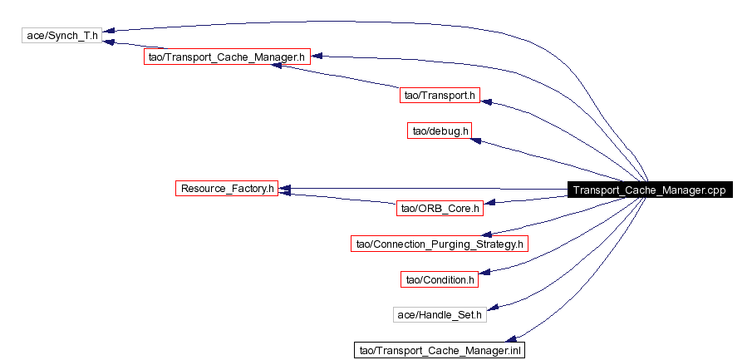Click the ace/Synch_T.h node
click(x=61, y=35)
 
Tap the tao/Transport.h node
click(x=440, y=95)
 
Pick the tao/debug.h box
click(x=440, y=131)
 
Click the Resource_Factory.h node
click(x=227, y=188)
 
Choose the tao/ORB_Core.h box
click(x=440, y=209)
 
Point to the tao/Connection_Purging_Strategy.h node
click(x=440, y=244)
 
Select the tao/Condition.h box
click(x=440, y=279)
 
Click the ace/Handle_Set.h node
click(x=440, y=315)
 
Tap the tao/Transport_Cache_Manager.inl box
click(x=440, y=350)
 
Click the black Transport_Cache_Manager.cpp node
click(x=649, y=190)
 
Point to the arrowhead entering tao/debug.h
click(x=476, y=141)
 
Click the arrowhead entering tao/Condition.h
click(x=484, y=272)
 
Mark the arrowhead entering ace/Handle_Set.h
click(x=493, y=307)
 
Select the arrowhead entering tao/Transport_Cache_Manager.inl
click(x=511, y=339)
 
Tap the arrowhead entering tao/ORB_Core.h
click(x=489, y=203)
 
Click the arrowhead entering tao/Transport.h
click(x=486, y=101)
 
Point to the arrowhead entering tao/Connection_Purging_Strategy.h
click(x=486, y=234)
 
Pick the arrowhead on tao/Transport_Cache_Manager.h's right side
click(x=317, y=57)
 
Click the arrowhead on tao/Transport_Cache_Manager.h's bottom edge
click(x=278, y=65)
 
